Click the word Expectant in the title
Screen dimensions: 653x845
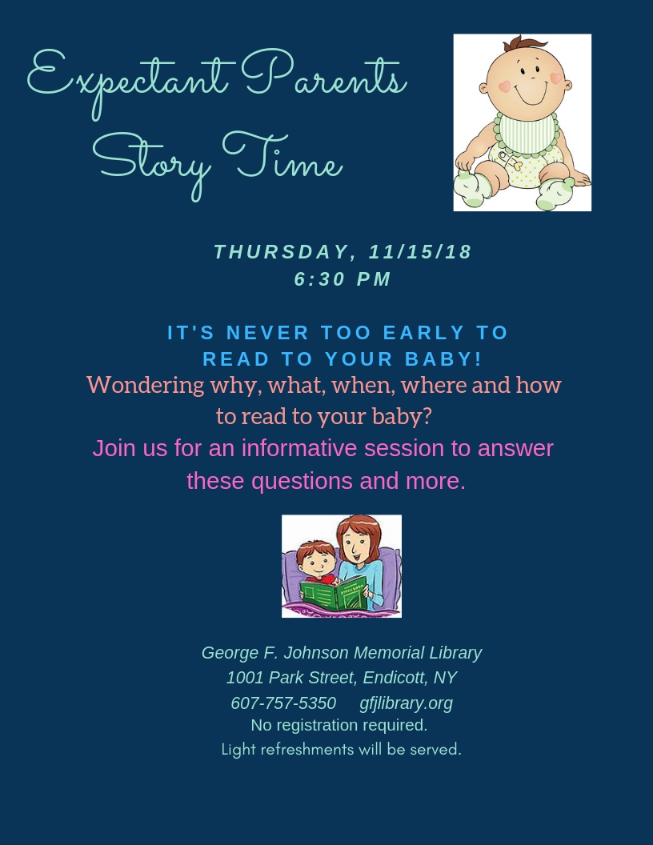[x=131, y=81]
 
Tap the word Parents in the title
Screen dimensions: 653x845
[x=323, y=75]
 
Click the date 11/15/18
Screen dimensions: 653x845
[x=420, y=252]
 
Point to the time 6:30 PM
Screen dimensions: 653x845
[x=343, y=279]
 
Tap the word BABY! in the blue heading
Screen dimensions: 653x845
[x=443, y=359]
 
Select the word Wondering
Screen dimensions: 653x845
[x=146, y=386]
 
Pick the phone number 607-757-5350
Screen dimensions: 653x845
[x=283, y=703]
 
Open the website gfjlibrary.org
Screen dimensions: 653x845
[x=407, y=704]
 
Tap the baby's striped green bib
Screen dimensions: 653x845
[x=527, y=134]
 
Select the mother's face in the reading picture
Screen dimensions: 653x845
[x=355, y=546]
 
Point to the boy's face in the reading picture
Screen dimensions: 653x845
[x=315, y=563]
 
